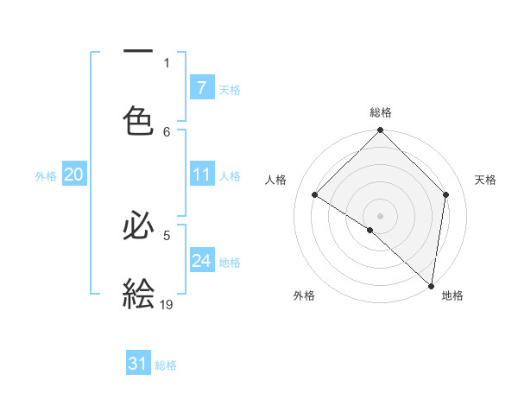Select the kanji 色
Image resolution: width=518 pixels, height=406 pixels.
(138, 120)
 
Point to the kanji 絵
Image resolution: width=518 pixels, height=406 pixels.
(138, 293)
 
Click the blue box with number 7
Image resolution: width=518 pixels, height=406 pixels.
(202, 88)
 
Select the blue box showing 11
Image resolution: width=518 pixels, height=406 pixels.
(202, 174)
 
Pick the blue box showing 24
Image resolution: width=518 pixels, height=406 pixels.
(202, 261)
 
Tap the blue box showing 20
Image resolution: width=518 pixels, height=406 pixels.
(74, 174)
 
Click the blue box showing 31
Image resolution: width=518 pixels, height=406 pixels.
(138, 364)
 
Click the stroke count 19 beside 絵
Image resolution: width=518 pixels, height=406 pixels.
(167, 304)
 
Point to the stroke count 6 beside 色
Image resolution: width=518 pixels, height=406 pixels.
(167, 131)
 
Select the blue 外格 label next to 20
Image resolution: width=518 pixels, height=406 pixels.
(46, 175)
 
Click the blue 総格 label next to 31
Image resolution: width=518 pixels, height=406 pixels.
(166, 365)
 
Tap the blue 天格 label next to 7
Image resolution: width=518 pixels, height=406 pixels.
(230, 89)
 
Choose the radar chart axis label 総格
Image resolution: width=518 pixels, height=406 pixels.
(381, 112)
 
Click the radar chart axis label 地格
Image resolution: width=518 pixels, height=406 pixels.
(452, 295)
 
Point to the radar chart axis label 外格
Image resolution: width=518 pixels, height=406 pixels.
(304, 295)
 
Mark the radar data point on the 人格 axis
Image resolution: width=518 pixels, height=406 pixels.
(315, 194)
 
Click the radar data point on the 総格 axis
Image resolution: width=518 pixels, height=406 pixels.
(381, 131)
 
